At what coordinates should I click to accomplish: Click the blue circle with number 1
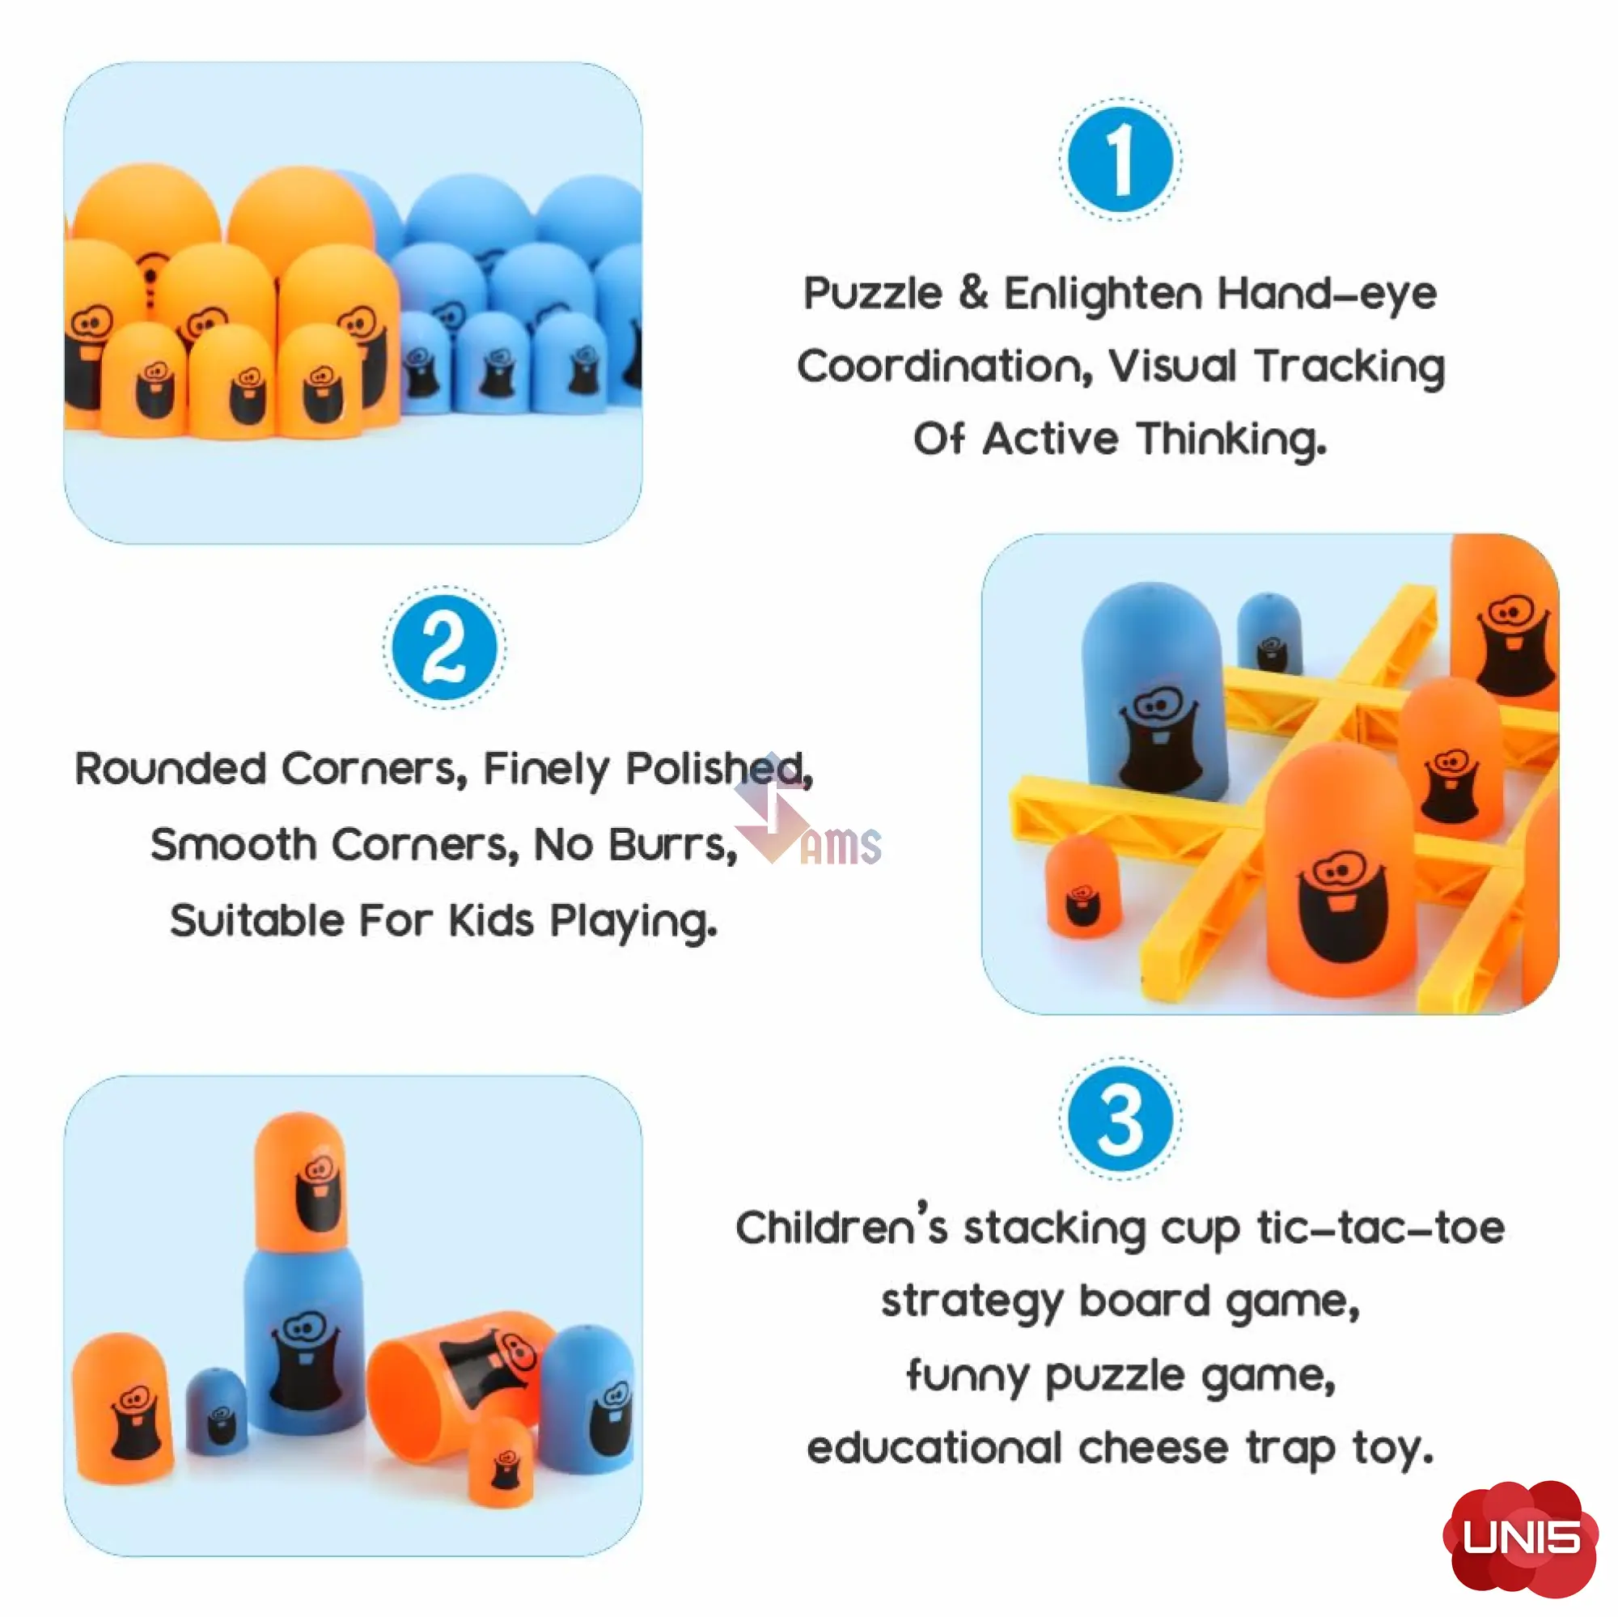1120,160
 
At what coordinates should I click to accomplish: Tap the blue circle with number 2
444,647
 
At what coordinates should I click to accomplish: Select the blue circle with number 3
1120,1119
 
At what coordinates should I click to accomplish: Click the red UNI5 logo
1521,1537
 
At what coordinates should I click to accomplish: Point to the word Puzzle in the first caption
873,295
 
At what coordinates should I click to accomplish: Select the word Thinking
1231,439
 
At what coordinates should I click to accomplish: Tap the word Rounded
171,768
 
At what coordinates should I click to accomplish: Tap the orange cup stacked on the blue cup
301,1183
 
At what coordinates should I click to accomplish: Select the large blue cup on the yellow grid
1155,690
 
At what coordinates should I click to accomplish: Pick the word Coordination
945,367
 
